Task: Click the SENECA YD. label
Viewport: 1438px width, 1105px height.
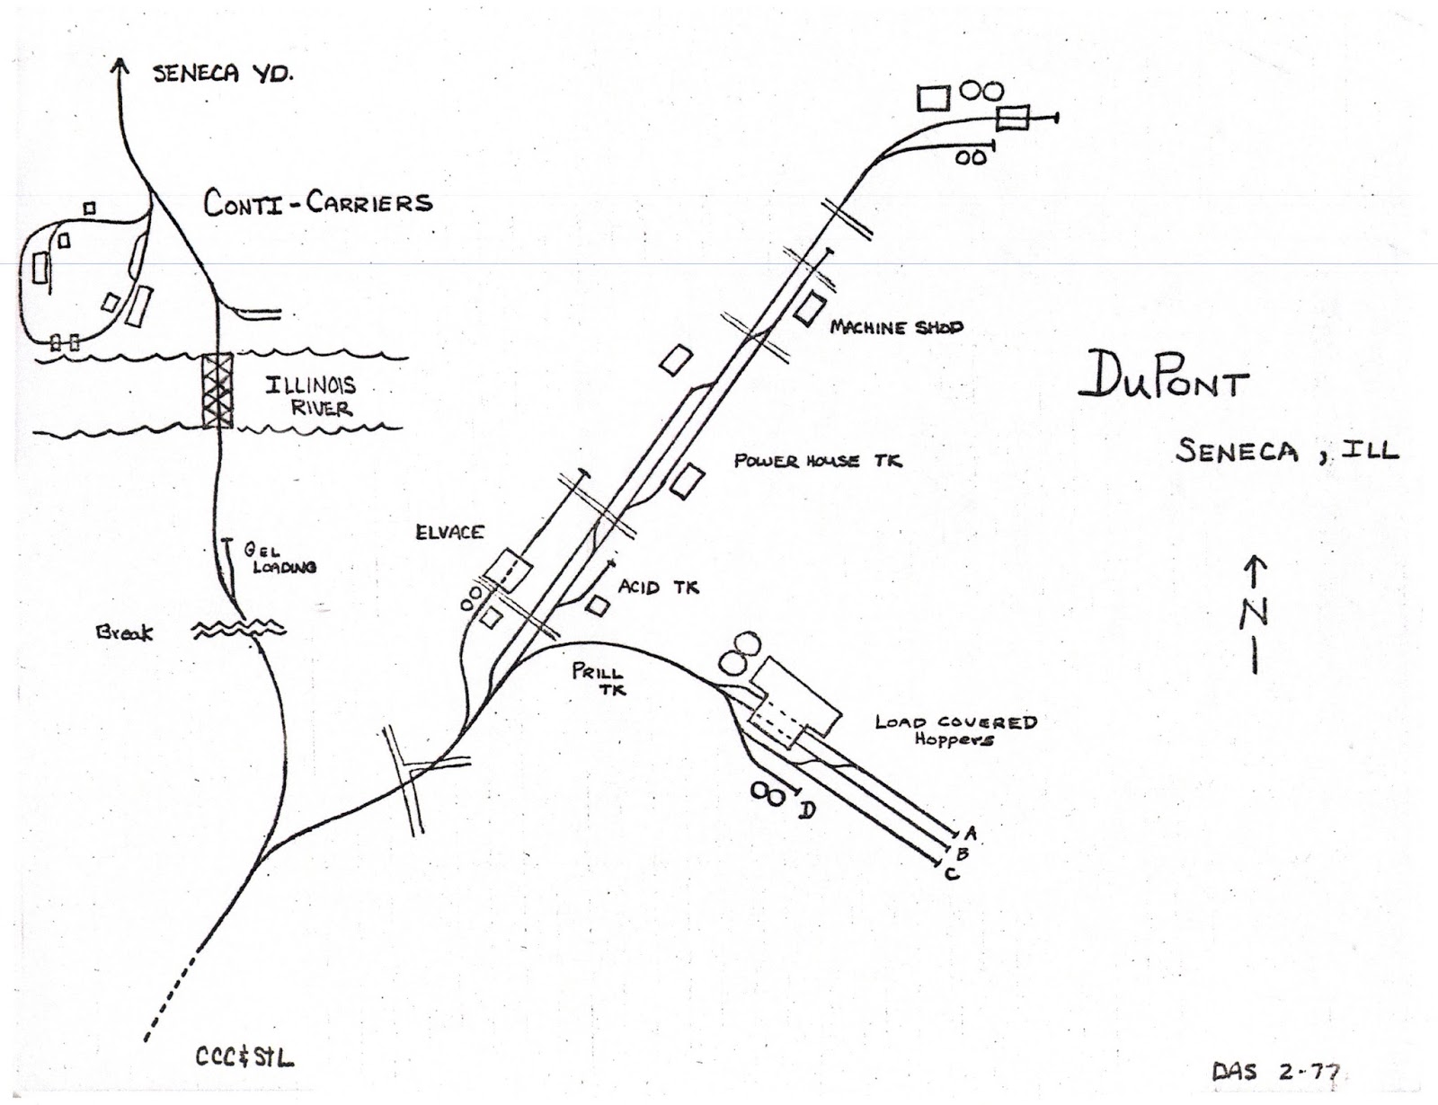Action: pyautogui.click(x=223, y=74)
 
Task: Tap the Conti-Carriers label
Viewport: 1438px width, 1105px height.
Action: pyautogui.click(x=318, y=203)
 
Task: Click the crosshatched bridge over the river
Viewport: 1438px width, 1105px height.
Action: pyautogui.click(x=217, y=390)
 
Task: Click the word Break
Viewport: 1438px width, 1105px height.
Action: pyautogui.click(x=124, y=632)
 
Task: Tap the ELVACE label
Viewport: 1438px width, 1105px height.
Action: pyautogui.click(x=449, y=532)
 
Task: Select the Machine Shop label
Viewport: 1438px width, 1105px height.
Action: pyautogui.click(x=896, y=327)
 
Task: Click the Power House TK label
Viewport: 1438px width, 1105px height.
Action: pyautogui.click(x=818, y=461)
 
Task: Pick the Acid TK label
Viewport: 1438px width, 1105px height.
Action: pyautogui.click(x=659, y=587)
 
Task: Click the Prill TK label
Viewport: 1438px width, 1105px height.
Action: pyautogui.click(x=598, y=680)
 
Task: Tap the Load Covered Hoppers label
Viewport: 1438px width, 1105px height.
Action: pyautogui.click(x=955, y=730)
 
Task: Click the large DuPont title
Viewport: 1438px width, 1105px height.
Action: pyautogui.click(x=1164, y=377)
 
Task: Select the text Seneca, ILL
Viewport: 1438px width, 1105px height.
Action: pyautogui.click(x=1287, y=451)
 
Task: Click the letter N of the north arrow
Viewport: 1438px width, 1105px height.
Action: pyautogui.click(x=1255, y=613)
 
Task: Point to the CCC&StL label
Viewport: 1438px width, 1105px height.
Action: pyautogui.click(x=245, y=1056)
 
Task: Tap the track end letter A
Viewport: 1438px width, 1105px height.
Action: pyautogui.click(x=971, y=834)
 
